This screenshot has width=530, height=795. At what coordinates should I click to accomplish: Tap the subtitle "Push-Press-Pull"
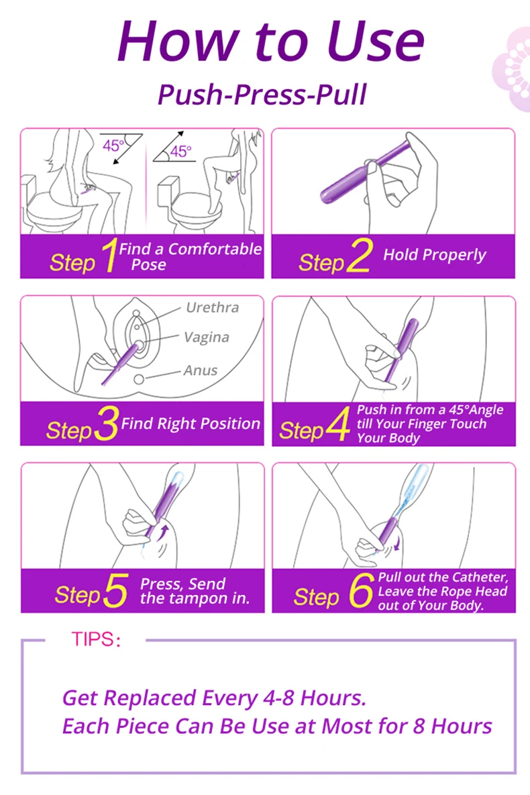(262, 95)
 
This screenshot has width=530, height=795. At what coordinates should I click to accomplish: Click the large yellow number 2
(359, 256)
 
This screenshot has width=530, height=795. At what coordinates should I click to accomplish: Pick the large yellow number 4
(337, 423)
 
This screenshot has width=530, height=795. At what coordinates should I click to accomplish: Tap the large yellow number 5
(115, 590)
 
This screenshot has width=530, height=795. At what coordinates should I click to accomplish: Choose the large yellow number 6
(361, 590)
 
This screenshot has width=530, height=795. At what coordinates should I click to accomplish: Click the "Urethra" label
(212, 307)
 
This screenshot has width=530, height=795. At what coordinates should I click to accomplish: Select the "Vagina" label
(207, 337)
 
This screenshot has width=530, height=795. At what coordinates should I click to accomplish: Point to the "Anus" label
(201, 370)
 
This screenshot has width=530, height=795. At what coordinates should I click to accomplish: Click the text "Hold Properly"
(435, 255)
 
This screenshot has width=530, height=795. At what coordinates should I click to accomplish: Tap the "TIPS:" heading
(96, 639)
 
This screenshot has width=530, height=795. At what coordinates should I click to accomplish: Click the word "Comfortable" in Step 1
(215, 249)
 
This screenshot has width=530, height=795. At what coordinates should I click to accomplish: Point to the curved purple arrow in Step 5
(163, 533)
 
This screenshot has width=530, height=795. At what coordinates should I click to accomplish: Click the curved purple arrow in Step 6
(396, 543)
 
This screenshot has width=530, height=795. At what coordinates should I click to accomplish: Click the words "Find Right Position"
(190, 423)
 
